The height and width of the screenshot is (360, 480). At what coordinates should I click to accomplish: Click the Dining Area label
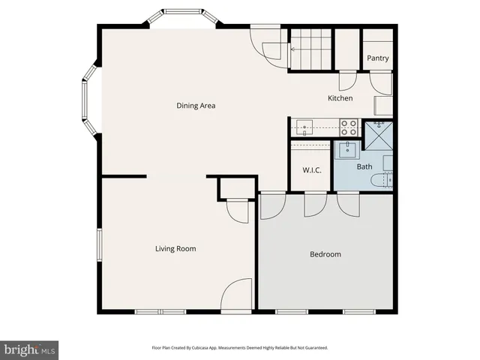tap(196, 106)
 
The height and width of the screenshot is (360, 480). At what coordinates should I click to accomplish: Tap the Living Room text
tap(175, 249)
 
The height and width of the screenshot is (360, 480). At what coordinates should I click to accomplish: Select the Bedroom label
tap(325, 254)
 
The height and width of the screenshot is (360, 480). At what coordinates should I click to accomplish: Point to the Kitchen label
tap(340, 98)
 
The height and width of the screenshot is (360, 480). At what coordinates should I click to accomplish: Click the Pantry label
tap(376, 58)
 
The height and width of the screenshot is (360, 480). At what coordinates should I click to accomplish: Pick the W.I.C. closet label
tap(312, 170)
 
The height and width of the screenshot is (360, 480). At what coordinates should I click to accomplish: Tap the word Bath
tap(364, 166)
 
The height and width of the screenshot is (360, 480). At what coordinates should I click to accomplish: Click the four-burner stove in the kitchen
tap(349, 127)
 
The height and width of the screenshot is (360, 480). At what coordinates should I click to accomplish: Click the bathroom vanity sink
tap(348, 149)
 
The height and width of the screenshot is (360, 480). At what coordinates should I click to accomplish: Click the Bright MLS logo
tap(30, 349)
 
